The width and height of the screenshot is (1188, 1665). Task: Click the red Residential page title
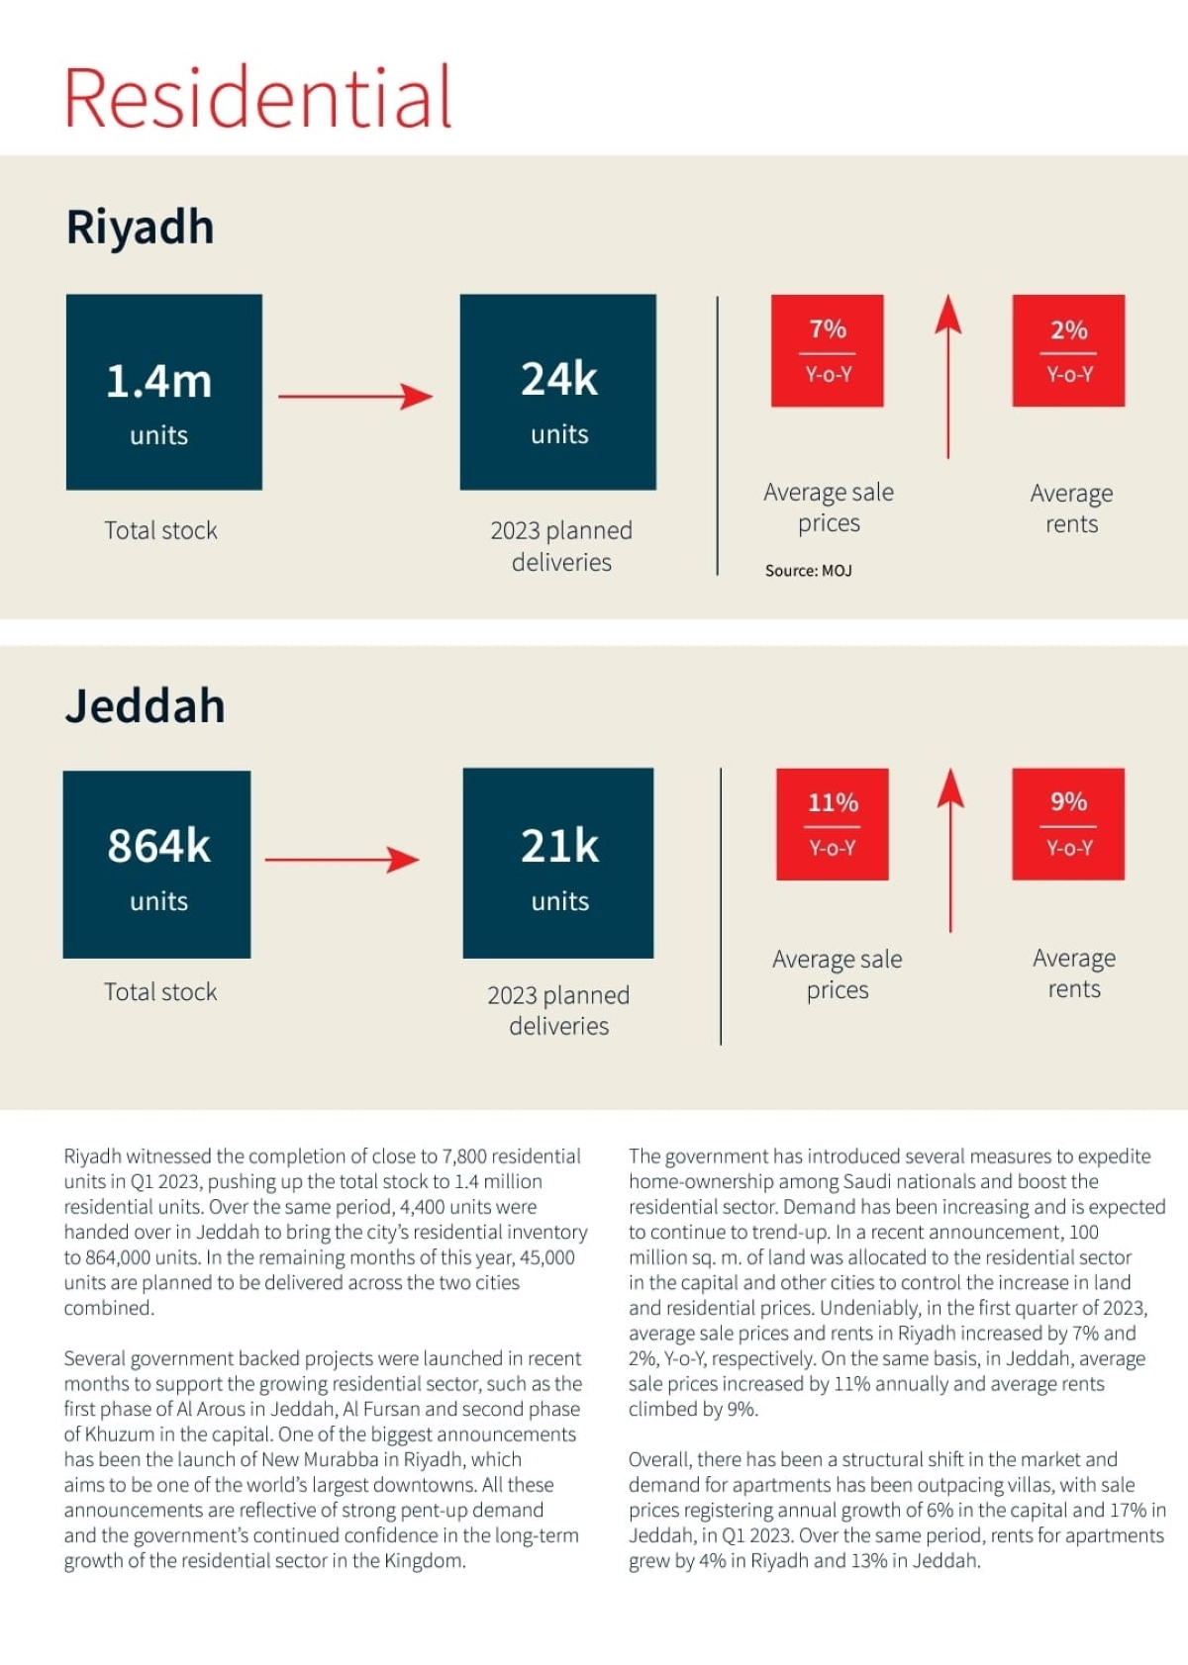(x=258, y=97)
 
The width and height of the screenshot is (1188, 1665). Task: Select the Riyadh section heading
(x=140, y=228)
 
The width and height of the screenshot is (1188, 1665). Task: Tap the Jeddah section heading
(x=145, y=706)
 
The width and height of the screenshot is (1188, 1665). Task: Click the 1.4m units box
(x=164, y=392)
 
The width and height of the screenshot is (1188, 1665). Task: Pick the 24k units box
(x=558, y=392)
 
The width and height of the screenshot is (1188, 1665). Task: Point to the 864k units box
(x=157, y=864)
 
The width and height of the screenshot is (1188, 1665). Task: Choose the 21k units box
(x=558, y=863)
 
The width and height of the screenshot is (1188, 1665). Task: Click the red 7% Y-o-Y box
(x=828, y=350)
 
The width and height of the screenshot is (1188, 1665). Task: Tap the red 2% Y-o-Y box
(x=1068, y=350)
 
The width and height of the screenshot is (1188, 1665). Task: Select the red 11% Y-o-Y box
(x=833, y=824)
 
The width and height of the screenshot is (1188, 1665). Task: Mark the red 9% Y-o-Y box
(x=1068, y=824)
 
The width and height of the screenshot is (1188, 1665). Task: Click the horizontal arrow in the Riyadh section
(x=355, y=397)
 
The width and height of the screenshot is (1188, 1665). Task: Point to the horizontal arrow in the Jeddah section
(x=343, y=860)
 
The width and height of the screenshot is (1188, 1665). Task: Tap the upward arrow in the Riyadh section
(x=948, y=376)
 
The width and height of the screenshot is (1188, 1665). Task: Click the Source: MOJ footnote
(x=808, y=571)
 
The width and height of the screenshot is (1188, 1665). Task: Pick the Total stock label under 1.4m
(x=160, y=531)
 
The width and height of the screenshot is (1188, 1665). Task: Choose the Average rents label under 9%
(x=1074, y=973)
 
